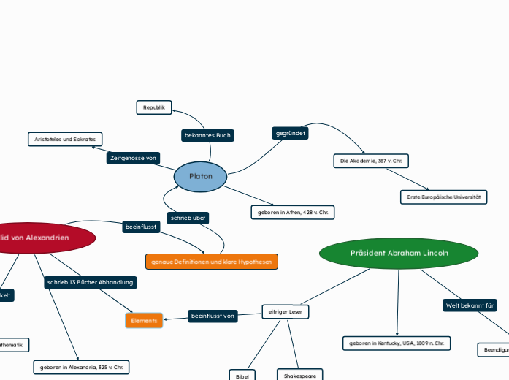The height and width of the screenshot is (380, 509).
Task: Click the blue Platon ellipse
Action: coord(201,177)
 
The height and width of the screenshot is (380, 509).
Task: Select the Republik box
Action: coord(153,107)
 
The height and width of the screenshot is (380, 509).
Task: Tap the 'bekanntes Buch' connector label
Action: coord(207,135)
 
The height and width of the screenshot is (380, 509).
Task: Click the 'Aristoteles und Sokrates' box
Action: coord(65,139)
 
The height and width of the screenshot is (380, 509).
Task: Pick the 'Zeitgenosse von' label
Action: coord(133,158)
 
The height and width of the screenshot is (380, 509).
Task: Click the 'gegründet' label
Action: coord(291,133)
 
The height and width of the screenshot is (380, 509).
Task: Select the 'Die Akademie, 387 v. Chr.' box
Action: coord(371,160)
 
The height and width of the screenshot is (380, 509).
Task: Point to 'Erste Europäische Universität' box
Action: coord(443,197)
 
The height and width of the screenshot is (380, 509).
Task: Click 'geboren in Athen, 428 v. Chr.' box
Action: coord(292,213)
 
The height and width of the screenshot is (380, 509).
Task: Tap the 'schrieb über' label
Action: coord(188,218)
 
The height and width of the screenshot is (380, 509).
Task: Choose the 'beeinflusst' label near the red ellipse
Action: coord(141,227)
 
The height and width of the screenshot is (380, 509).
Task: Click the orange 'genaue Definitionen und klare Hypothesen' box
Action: coord(212,261)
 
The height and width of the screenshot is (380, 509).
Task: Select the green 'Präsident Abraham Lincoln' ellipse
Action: coord(399,253)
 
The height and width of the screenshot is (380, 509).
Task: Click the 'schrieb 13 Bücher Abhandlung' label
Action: coord(90,282)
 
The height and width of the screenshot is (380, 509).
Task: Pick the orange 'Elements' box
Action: coord(144,320)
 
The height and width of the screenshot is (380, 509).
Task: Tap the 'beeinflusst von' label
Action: coord(213,316)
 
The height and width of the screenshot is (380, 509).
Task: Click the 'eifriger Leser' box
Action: coord(286,312)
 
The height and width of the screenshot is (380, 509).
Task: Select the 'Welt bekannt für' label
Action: coord(470,305)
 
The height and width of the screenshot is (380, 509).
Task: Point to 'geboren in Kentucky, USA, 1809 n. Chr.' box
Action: coord(397,343)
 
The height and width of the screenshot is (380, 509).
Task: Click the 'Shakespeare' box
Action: coord(299,375)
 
